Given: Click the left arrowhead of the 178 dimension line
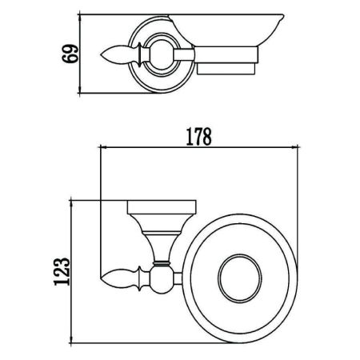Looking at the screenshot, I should point(102,147).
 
